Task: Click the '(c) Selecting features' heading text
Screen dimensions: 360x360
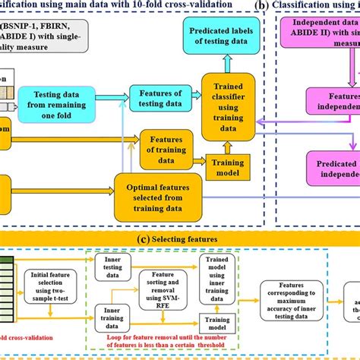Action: [179, 239]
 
